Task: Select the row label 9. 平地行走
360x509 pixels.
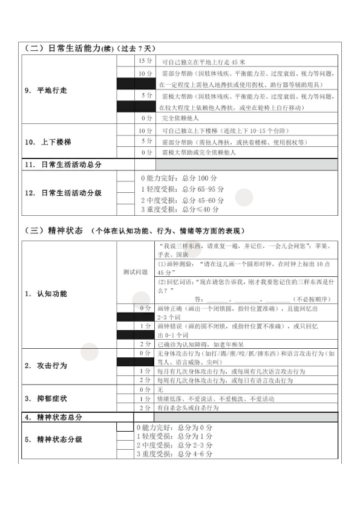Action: [x=46, y=90]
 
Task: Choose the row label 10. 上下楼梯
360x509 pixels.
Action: [x=48, y=141]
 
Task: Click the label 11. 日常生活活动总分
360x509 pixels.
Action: [x=63, y=164]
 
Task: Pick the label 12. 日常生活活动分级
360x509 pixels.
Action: [x=63, y=193]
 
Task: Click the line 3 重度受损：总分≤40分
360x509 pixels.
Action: [x=180, y=210]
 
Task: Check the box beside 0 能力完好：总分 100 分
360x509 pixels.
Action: [x=126, y=178]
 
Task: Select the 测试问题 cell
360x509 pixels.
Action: [x=135, y=272]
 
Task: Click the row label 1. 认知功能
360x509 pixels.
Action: [x=46, y=294]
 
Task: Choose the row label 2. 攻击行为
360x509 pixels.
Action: [x=46, y=366]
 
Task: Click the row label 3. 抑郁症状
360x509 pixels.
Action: [x=46, y=399]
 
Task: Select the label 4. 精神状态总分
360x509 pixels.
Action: [x=53, y=417]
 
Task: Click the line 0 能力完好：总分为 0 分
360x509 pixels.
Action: [x=174, y=427]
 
